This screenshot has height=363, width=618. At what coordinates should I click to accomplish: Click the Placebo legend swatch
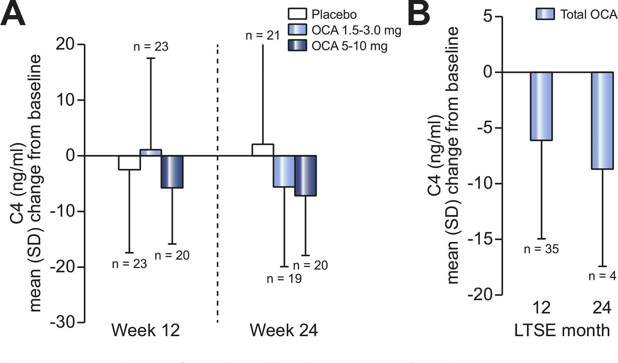pyautogui.click(x=297, y=14)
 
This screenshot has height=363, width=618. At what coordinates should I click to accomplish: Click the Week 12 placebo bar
pyautogui.click(x=129, y=163)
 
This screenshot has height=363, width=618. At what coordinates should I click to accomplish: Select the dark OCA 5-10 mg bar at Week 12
pyautogui.click(x=172, y=172)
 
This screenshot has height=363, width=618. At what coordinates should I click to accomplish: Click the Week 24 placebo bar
pyautogui.click(x=263, y=150)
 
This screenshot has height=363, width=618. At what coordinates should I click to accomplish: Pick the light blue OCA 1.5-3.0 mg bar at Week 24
pyautogui.click(x=284, y=171)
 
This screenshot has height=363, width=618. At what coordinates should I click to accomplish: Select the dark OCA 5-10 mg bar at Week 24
pyautogui.click(x=305, y=176)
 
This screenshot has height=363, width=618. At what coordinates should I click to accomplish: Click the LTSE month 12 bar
pyautogui.click(x=541, y=106)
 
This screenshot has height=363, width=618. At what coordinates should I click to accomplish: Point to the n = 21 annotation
pyautogui.click(x=263, y=36)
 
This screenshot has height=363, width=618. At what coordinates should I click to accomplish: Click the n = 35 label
pyautogui.click(x=541, y=249)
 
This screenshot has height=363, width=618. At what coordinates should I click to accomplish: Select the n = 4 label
pyautogui.click(x=602, y=276)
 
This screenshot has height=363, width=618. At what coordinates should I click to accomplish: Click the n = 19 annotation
pyautogui.click(x=284, y=278)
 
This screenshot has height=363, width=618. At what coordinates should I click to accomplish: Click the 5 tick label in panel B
pyautogui.click(x=488, y=16)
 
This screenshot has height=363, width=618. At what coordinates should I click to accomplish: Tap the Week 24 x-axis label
pyautogui.click(x=284, y=330)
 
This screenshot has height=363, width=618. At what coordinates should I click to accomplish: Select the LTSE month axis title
pyautogui.click(x=562, y=330)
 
